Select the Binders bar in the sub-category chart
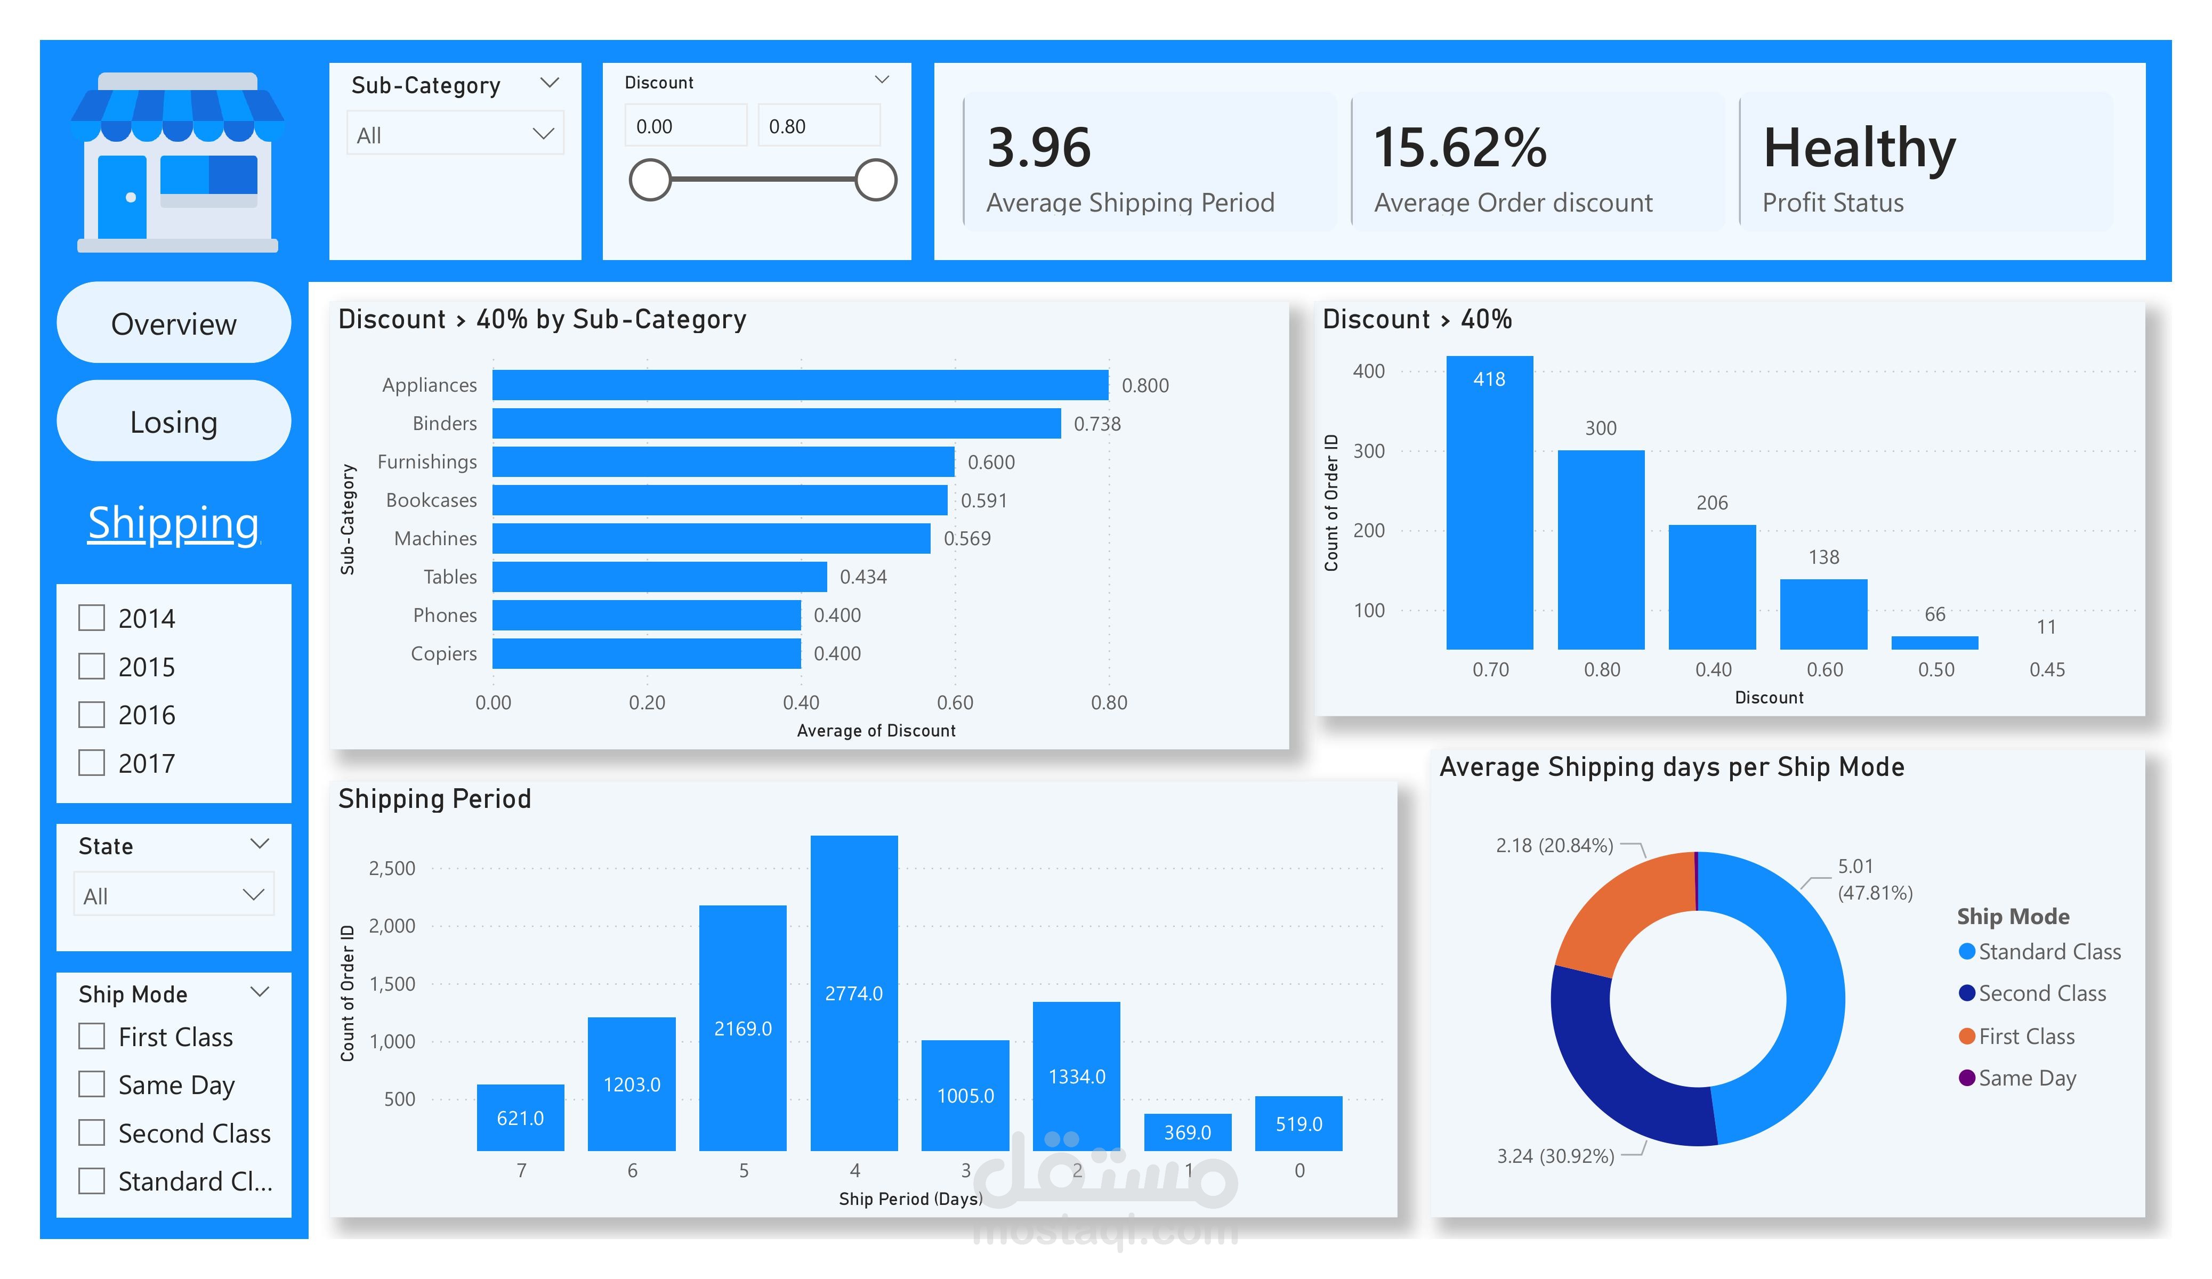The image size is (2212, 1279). pyautogui.click(x=776, y=423)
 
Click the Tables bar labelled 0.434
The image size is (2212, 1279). pyautogui.click(x=659, y=577)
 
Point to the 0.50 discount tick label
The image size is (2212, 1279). pyautogui.click(x=1935, y=670)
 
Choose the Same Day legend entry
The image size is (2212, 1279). pyautogui.click(x=2026, y=1078)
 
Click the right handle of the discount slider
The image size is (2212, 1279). pyautogui.click(x=875, y=180)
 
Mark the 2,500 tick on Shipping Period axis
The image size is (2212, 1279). pyautogui.click(x=391, y=868)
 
